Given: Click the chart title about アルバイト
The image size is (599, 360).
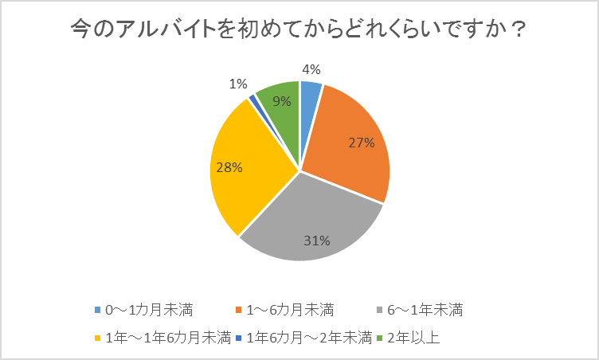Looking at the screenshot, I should [299, 30].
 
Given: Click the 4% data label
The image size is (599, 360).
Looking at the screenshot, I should [311, 68].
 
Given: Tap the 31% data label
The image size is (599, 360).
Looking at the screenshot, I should [316, 240].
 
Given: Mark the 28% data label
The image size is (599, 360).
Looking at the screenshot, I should [230, 167].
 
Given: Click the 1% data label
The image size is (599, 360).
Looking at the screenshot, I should [237, 84].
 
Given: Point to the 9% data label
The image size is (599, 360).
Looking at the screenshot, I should [281, 101].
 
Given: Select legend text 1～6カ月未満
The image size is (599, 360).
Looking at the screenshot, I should [291, 309].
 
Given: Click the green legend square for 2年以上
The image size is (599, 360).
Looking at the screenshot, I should [380, 338].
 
